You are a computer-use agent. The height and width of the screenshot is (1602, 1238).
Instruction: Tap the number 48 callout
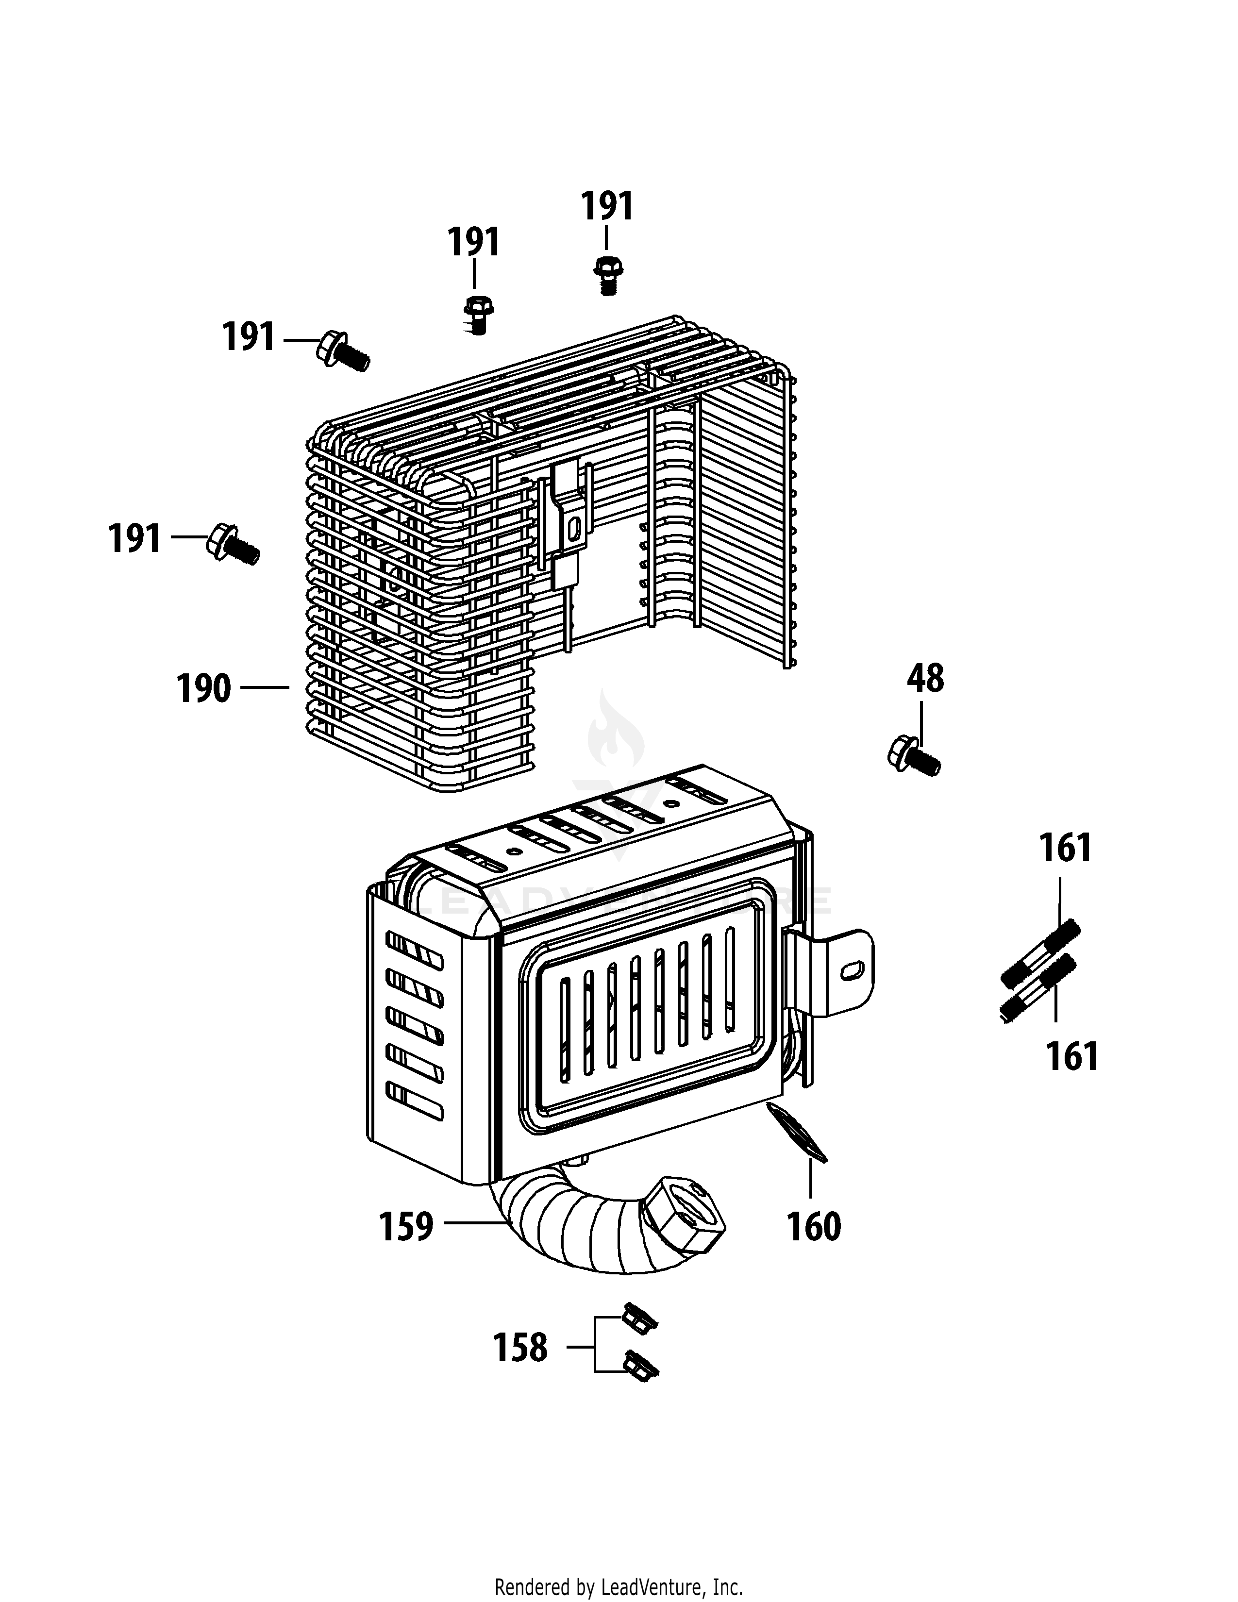925,679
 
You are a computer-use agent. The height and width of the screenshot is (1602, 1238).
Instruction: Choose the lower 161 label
1071,1057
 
